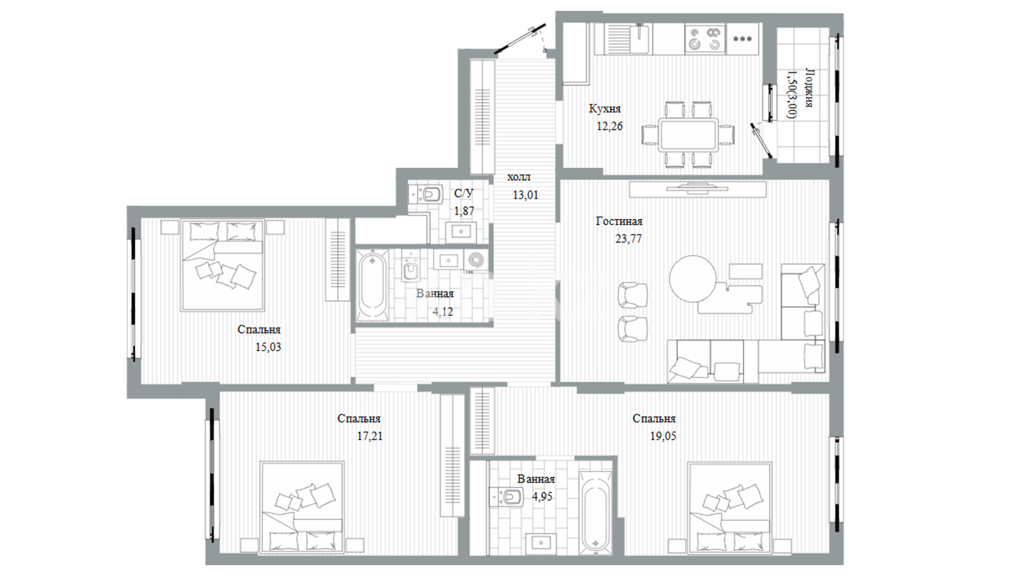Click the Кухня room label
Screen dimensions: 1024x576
[605, 109]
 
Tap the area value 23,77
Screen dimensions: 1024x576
[628, 239]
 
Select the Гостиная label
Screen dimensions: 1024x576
[619, 221]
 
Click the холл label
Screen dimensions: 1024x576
[519, 177]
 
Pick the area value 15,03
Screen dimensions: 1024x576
[268, 347]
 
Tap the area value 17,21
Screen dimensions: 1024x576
[370, 436]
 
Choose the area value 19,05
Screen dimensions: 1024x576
[663, 436]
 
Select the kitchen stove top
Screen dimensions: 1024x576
[705, 39]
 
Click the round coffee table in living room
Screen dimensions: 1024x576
[693, 278]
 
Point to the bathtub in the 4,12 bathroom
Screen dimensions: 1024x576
[372, 285]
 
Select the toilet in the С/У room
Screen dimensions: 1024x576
[431, 193]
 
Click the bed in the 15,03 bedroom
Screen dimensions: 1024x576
[222, 265]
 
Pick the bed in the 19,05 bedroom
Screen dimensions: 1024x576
[730, 508]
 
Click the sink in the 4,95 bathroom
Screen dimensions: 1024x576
[541, 543]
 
